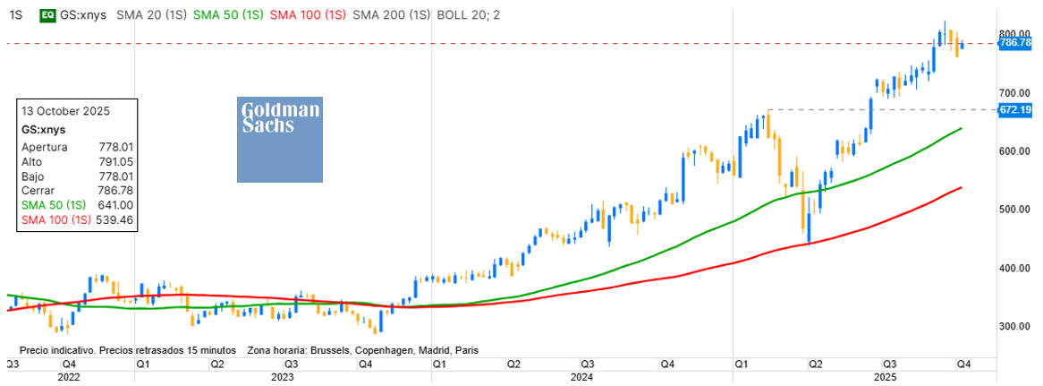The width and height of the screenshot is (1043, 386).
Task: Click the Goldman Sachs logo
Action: [279, 139]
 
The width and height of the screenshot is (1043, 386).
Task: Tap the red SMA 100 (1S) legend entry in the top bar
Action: [307, 15]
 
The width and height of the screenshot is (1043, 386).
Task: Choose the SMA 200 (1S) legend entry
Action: [389, 15]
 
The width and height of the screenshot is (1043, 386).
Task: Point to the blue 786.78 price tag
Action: [1014, 43]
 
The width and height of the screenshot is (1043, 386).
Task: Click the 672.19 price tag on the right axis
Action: [1014, 109]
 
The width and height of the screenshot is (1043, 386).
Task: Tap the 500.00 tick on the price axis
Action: [1014, 210]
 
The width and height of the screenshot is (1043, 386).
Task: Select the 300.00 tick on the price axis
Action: [1014, 327]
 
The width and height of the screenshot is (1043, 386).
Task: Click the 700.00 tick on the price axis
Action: [1014, 93]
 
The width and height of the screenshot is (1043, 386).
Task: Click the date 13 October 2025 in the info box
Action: [65, 112]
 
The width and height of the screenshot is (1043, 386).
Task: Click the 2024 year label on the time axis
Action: [582, 378]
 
